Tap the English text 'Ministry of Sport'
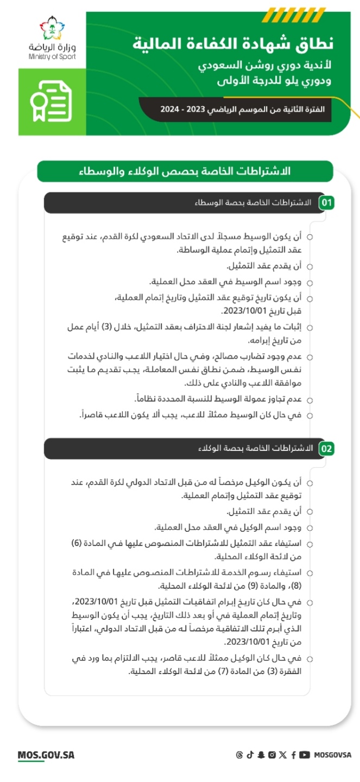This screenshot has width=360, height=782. point(53,56)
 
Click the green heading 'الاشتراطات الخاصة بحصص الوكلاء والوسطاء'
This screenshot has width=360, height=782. point(185,171)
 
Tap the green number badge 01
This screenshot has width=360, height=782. point(326,203)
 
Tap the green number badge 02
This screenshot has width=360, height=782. point(326,449)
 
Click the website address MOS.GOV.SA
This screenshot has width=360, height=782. point(46,755)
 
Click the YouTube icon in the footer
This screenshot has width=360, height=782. point(305,755)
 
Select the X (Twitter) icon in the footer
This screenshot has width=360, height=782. point(282,755)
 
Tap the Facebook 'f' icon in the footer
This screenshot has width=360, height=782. point(293,755)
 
